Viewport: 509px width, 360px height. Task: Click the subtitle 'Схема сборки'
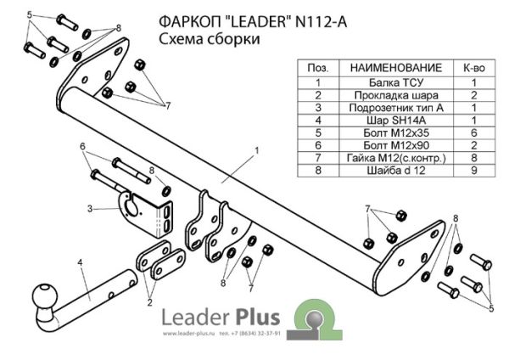pos(209,40)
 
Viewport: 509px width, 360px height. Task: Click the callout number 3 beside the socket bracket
pos(89,208)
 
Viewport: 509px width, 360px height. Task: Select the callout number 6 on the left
pos(82,146)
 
